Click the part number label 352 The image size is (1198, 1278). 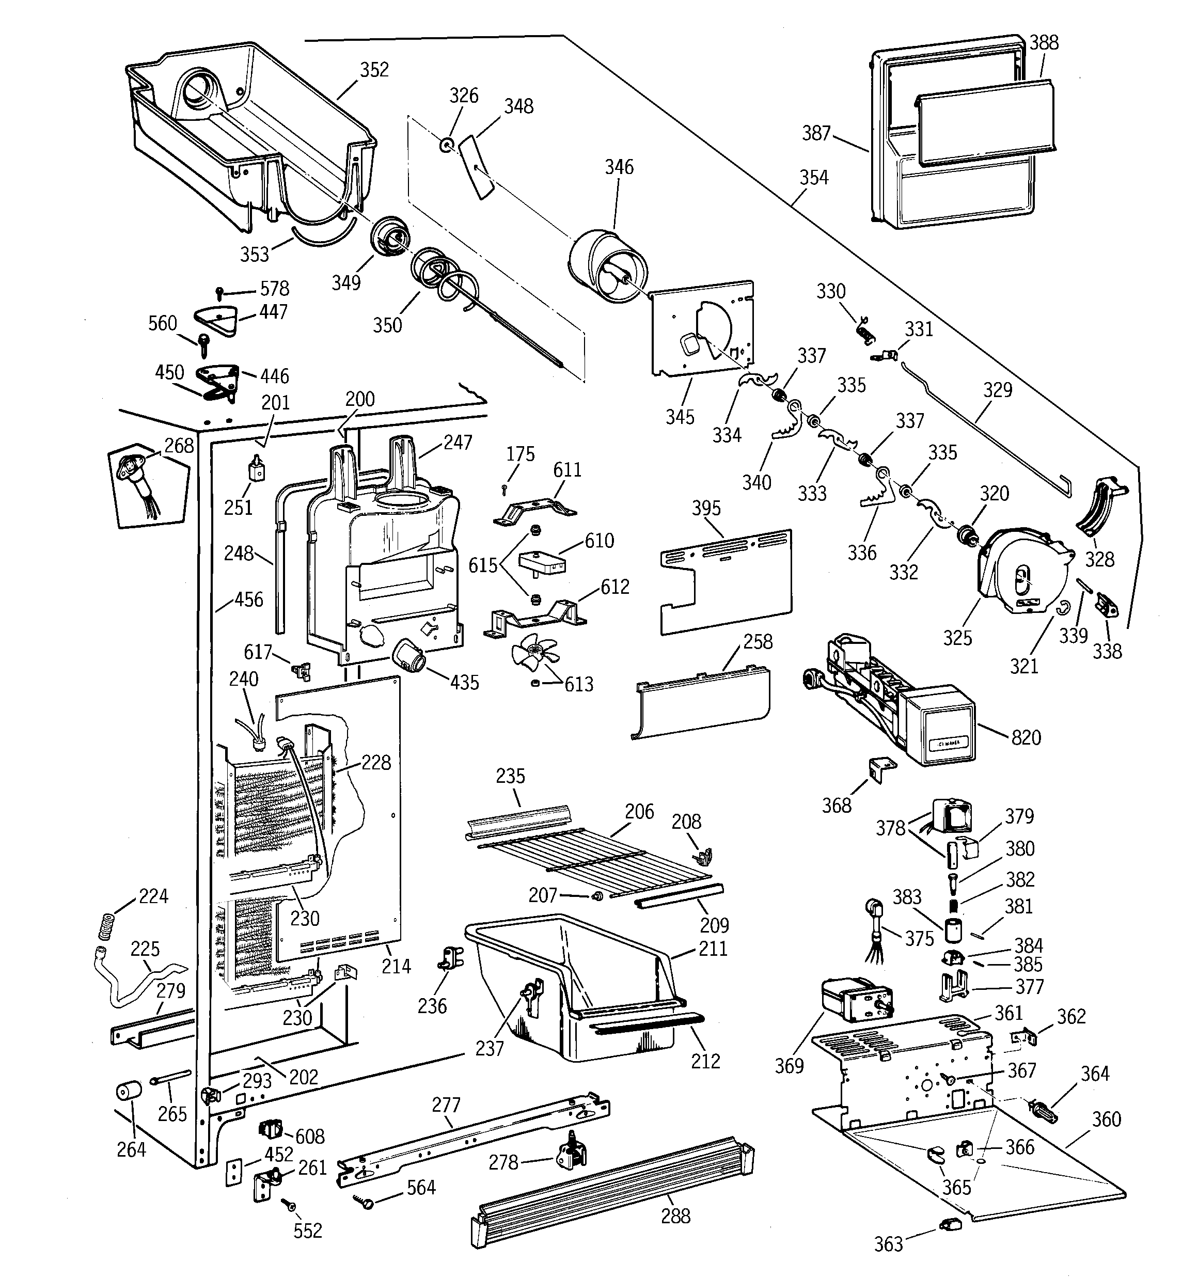[374, 69]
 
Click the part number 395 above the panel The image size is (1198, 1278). [706, 508]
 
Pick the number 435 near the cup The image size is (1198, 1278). [464, 682]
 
